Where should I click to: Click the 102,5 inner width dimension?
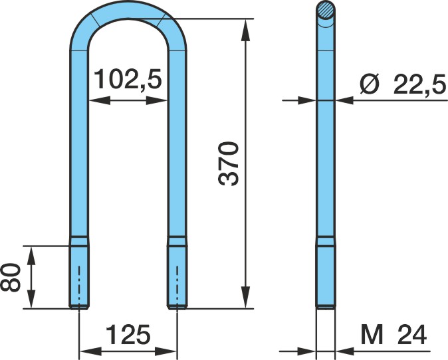(128, 79)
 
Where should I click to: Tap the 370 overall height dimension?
(228, 164)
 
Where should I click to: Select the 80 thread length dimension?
(11, 277)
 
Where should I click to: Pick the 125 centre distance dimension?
(128, 334)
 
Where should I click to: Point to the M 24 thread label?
(393, 334)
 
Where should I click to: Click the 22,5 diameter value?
(419, 84)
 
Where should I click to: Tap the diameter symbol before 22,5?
(370, 84)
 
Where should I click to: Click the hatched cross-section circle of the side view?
(326, 10)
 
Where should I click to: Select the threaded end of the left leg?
(79, 277)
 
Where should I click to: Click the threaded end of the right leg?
(177, 277)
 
